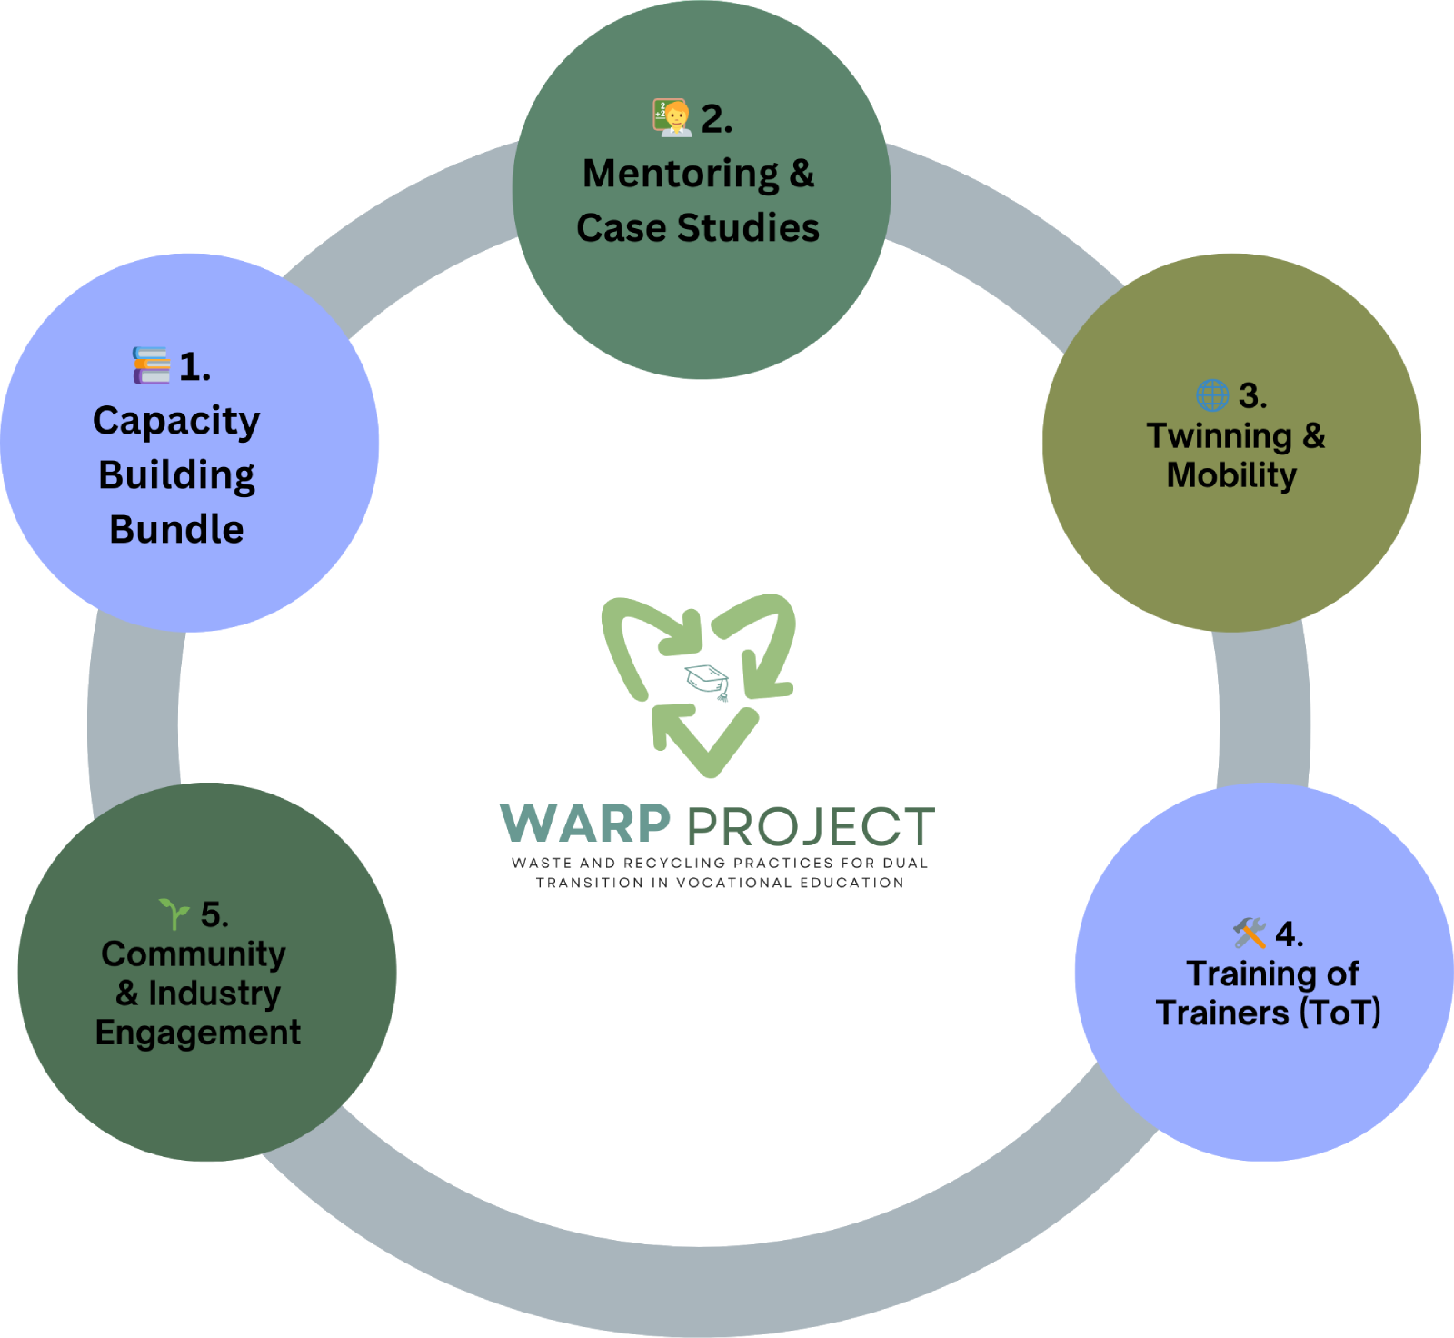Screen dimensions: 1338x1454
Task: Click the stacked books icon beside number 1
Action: click(x=151, y=365)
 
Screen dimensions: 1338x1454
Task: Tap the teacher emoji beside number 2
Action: click(x=672, y=118)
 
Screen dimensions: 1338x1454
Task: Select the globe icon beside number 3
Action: click(x=1212, y=395)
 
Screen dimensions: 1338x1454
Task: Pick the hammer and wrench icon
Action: click(x=1250, y=933)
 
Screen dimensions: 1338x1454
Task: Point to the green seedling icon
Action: click(x=174, y=913)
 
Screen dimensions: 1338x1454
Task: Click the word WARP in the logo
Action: click(x=585, y=824)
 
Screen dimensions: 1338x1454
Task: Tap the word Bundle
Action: click(x=176, y=529)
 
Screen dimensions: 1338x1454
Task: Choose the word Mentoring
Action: click(x=681, y=174)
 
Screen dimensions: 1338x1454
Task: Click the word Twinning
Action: click(x=1219, y=435)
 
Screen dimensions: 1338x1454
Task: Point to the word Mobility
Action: click(x=1231, y=474)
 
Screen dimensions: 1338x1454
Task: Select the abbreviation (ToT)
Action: click(x=1339, y=1013)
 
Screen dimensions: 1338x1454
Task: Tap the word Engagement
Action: click(x=198, y=1033)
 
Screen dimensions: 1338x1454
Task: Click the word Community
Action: click(x=194, y=954)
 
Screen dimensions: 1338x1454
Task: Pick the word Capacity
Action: click(x=176, y=421)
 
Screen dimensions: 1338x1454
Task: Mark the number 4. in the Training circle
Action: click(x=1289, y=934)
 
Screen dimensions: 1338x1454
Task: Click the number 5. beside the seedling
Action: click(x=214, y=914)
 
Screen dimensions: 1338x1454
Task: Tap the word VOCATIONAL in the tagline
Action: click(x=733, y=882)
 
